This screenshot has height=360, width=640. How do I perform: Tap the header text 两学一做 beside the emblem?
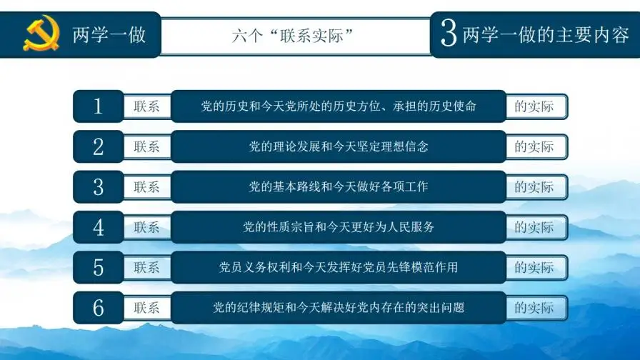pos(109,34)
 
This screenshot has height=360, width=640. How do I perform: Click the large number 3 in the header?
pos(449,34)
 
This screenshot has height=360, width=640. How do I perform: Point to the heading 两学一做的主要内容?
pos(546,34)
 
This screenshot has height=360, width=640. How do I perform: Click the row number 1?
pos(99,106)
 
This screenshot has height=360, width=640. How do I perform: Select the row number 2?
pos(99,147)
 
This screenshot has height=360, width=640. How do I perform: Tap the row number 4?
pos(99,228)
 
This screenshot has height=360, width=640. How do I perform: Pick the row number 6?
pos(99,308)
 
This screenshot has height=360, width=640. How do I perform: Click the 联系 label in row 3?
pos(146,187)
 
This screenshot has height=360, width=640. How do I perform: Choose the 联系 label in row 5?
pos(146,268)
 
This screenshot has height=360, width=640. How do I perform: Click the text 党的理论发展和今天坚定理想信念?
pos(339,147)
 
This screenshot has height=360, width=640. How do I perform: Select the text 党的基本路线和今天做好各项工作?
pos(339,187)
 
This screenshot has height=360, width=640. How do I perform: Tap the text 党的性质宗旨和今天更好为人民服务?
pos(339,228)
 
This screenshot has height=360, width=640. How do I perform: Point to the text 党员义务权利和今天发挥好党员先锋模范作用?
pos(339,268)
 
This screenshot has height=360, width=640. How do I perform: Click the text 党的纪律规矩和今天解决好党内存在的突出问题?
pos(339,308)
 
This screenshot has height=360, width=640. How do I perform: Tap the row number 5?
pos(99,268)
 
